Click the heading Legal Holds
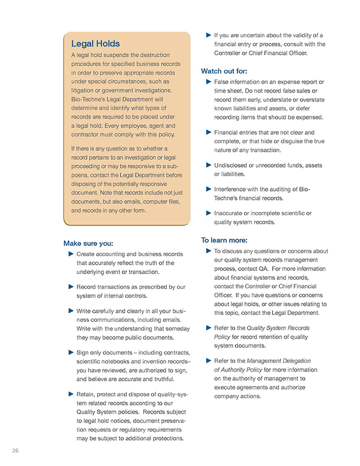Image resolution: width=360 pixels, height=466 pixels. (x=95, y=44)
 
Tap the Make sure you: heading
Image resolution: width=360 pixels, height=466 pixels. (x=88, y=243)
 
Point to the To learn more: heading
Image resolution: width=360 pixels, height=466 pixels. (x=224, y=240)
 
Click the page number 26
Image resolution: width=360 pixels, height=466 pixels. (x=15, y=451)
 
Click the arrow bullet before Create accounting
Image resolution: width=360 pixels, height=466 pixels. (x=70, y=254)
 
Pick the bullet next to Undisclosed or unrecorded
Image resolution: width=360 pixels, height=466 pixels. (x=208, y=165)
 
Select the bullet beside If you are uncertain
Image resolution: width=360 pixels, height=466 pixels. (x=208, y=35)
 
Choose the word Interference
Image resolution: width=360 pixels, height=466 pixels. (x=230, y=189)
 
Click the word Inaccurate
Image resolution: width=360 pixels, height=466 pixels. (x=228, y=213)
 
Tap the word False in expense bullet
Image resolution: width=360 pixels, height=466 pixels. (x=221, y=82)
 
